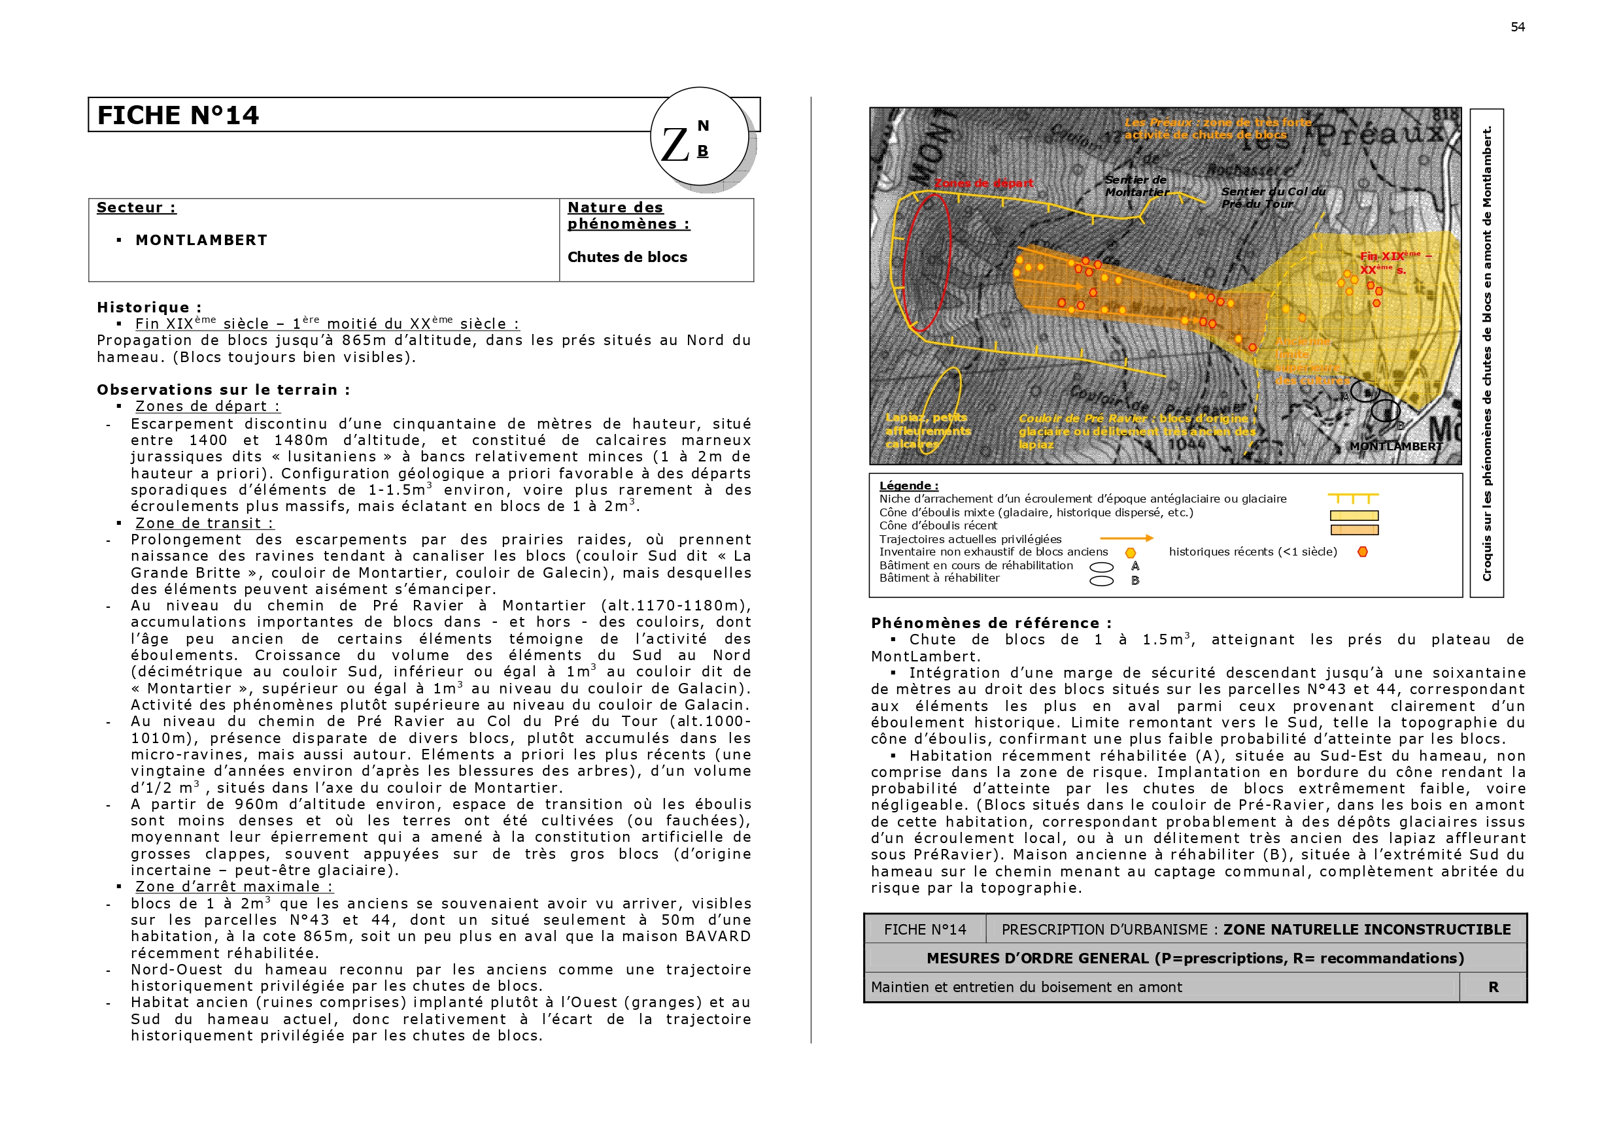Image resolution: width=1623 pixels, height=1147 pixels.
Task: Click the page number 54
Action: click(x=1517, y=27)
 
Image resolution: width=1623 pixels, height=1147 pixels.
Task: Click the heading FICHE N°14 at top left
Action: click(x=178, y=115)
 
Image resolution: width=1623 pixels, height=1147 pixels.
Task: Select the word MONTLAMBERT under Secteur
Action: click(x=201, y=241)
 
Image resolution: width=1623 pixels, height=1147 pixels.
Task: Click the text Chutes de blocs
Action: click(x=627, y=258)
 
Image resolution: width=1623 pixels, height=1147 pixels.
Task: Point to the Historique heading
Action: click(x=149, y=307)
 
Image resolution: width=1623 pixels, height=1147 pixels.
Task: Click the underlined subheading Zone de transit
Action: click(x=204, y=523)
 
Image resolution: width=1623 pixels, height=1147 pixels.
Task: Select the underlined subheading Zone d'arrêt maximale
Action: click(x=234, y=886)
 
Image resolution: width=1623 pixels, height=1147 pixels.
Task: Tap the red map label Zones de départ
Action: click(x=983, y=183)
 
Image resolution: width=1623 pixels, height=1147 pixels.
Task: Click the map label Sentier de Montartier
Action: click(x=1136, y=186)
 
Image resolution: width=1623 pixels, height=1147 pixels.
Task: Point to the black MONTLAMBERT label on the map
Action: click(x=1396, y=446)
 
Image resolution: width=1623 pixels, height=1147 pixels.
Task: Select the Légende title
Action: click(x=908, y=486)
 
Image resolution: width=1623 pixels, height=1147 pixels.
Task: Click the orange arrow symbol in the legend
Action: click(x=1126, y=538)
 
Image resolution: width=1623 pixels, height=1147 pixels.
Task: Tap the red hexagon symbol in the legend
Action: click(x=1362, y=552)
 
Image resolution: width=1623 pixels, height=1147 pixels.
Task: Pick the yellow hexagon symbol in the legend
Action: click(x=1131, y=553)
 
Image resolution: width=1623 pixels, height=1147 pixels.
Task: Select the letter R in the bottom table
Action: click(x=1493, y=987)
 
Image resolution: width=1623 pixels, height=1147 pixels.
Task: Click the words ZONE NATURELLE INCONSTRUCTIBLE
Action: click(x=1367, y=929)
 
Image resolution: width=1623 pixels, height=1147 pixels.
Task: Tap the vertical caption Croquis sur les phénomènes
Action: click(x=1486, y=354)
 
